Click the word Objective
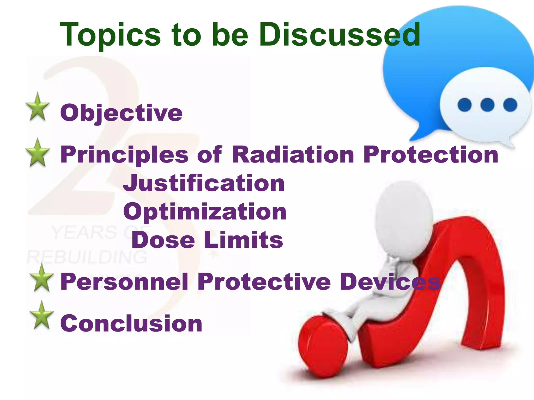click(121, 113)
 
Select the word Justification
click(204, 183)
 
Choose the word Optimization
click(205, 212)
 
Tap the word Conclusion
click(131, 323)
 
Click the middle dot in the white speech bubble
click(487, 105)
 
